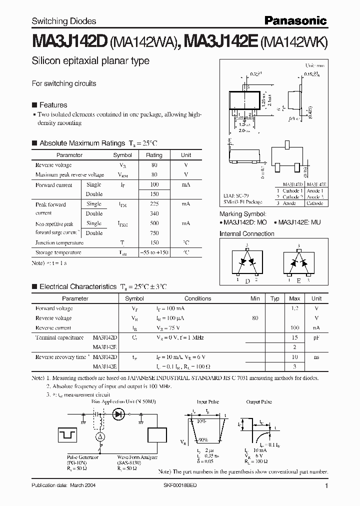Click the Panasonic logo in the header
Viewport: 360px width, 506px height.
[x=296, y=20]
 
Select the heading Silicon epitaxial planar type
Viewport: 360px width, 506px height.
[x=90, y=61]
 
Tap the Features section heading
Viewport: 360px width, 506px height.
[x=53, y=105]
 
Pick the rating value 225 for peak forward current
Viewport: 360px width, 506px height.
[x=154, y=204]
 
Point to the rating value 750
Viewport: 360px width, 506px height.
[x=154, y=233]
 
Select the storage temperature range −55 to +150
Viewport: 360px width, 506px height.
[x=154, y=252]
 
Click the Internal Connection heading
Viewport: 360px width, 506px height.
[x=247, y=233]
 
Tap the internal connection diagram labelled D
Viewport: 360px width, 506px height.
[x=247, y=263]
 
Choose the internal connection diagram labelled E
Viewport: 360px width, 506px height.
[x=299, y=263]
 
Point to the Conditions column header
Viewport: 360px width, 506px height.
[x=197, y=298]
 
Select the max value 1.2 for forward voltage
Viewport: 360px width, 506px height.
[x=294, y=308]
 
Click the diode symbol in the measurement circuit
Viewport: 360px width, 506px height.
[x=118, y=413]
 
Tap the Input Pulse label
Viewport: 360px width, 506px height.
[x=208, y=401]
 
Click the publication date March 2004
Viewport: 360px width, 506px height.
[x=63, y=486]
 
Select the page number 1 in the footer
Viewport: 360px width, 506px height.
[x=326, y=486]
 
